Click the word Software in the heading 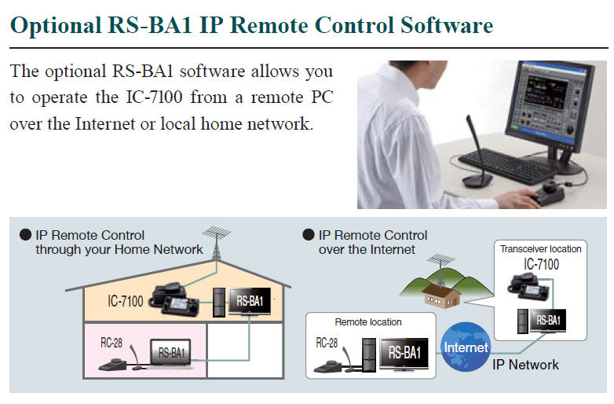coord(447,25)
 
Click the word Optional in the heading coord(56,26)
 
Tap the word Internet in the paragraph coord(105,124)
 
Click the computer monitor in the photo coord(548,107)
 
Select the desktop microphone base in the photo coord(477,181)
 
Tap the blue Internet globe coord(466,347)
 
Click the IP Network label coord(525,365)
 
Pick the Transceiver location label coord(541,249)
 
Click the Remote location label coord(368,322)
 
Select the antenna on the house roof coord(216,243)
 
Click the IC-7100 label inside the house coord(126,301)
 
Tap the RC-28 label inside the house coord(111,343)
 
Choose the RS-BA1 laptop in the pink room coord(171,354)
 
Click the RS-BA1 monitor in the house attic coord(250,301)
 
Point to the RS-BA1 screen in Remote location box coord(404,354)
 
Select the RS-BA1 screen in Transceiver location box coord(548,321)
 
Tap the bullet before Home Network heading coord(25,235)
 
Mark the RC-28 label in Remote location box coord(327,343)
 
